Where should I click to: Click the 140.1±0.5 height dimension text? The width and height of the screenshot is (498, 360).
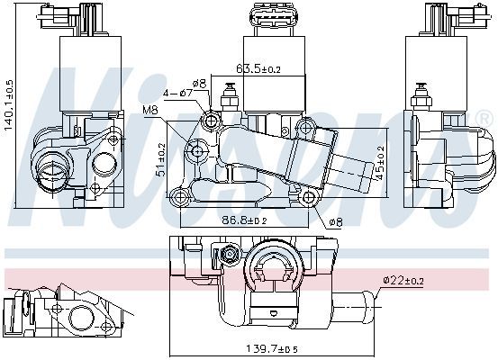click(9, 105)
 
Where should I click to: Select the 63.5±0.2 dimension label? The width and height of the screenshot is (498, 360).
click(258, 68)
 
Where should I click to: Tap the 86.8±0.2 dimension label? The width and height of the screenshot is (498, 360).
click(244, 220)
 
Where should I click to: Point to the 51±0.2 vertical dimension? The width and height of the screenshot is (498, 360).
click(162, 159)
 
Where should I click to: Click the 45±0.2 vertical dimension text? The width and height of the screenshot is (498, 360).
click(379, 163)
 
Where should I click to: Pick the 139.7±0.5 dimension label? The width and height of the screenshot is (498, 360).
click(272, 349)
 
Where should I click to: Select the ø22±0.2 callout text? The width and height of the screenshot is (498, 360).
click(403, 280)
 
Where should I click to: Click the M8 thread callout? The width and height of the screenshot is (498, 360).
click(150, 110)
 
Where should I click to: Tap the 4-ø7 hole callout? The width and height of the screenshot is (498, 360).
click(178, 93)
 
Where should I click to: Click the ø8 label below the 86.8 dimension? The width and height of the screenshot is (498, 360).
click(336, 222)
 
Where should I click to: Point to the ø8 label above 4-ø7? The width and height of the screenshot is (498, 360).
click(199, 84)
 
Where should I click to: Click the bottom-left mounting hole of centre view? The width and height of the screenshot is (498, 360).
click(179, 197)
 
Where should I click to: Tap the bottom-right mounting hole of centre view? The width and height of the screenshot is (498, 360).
click(308, 197)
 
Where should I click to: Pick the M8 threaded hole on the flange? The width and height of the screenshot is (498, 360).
click(197, 151)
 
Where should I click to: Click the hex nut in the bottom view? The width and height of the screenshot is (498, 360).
click(230, 254)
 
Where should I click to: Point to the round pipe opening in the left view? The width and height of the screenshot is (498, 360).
click(50, 171)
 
